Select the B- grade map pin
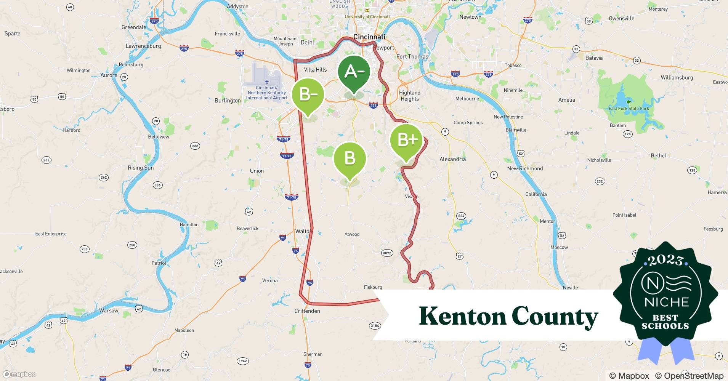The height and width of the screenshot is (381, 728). pyautogui.click(x=308, y=95)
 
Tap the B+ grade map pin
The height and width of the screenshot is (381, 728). pyautogui.click(x=406, y=141)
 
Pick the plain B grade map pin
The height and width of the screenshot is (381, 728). pyautogui.click(x=350, y=158)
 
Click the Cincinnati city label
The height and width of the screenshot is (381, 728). pyautogui.click(x=369, y=37)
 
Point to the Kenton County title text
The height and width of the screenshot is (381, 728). pyautogui.click(x=508, y=316)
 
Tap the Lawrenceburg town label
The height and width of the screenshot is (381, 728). pyautogui.click(x=143, y=46)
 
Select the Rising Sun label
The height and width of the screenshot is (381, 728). pyautogui.click(x=141, y=168)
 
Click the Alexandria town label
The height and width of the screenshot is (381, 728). pyautogui.click(x=452, y=159)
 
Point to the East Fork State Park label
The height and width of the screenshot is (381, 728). pyautogui.click(x=629, y=108)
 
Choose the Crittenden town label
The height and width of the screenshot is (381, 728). pyautogui.click(x=307, y=311)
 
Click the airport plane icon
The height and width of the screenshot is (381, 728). pyautogui.click(x=266, y=82)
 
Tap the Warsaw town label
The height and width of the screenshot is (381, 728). pyautogui.click(x=109, y=311)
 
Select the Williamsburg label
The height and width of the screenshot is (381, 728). pyautogui.click(x=677, y=77)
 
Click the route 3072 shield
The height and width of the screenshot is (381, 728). pyautogui.click(x=387, y=253)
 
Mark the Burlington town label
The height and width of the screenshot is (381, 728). pyautogui.click(x=228, y=101)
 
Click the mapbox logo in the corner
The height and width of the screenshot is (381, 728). pyautogui.click(x=19, y=374)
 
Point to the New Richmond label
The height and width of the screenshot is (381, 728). pyautogui.click(x=525, y=168)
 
